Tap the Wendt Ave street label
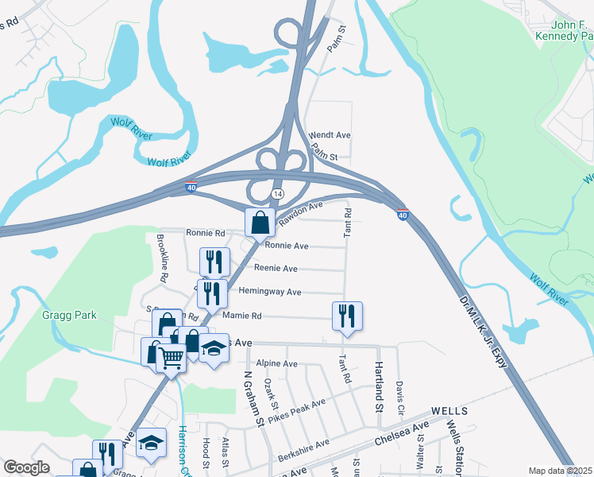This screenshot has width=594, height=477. (331, 135)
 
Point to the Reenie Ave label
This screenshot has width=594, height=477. (275, 269)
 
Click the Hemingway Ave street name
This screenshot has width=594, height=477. (271, 292)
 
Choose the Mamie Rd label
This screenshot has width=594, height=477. (242, 316)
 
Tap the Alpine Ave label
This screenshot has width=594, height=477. (275, 363)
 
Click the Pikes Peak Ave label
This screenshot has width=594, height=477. (296, 410)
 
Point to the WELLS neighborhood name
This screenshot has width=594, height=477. (449, 411)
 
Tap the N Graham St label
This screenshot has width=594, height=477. (253, 400)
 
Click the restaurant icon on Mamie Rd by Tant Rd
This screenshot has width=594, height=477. (347, 315)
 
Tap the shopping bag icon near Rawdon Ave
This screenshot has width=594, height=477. (260, 223)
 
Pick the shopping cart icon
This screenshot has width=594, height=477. (171, 359)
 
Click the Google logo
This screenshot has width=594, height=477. (27, 467)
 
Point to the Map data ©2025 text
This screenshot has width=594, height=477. (560, 471)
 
